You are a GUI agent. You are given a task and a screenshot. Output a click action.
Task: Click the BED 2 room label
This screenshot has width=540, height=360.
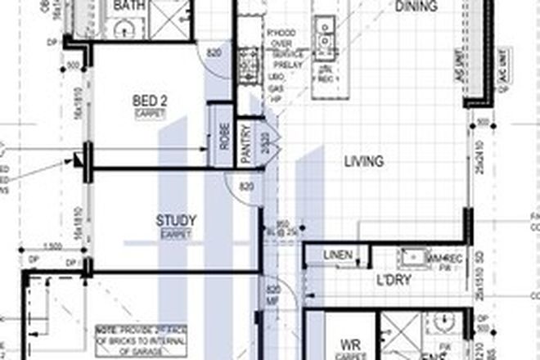pyautogui.click(x=150, y=101)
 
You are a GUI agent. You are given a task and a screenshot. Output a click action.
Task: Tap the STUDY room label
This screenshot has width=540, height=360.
pyautogui.click(x=176, y=220)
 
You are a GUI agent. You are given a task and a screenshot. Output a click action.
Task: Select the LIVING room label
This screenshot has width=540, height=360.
pyautogui.click(x=363, y=162)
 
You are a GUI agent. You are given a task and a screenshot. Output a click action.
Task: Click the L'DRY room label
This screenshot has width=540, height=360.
pyautogui.click(x=392, y=281)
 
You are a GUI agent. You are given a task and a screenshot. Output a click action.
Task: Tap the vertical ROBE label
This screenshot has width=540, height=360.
pyautogui.click(x=223, y=134)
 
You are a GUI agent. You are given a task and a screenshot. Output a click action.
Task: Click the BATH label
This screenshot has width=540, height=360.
pyautogui.click(x=133, y=6)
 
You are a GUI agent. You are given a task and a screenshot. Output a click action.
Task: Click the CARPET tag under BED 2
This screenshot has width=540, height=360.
pyautogui.click(x=150, y=114)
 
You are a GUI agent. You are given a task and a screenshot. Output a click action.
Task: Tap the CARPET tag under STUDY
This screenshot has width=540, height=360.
pyautogui.click(x=175, y=234)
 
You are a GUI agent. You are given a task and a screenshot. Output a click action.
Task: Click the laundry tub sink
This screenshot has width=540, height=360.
pyautogui.click(x=412, y=259)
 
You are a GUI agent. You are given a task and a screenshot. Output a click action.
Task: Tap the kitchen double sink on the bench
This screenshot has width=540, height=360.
pyautogui.click(x=326, y=32)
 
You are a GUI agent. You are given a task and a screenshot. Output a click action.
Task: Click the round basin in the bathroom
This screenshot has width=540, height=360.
pyautogui.click(x=124, y=30)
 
